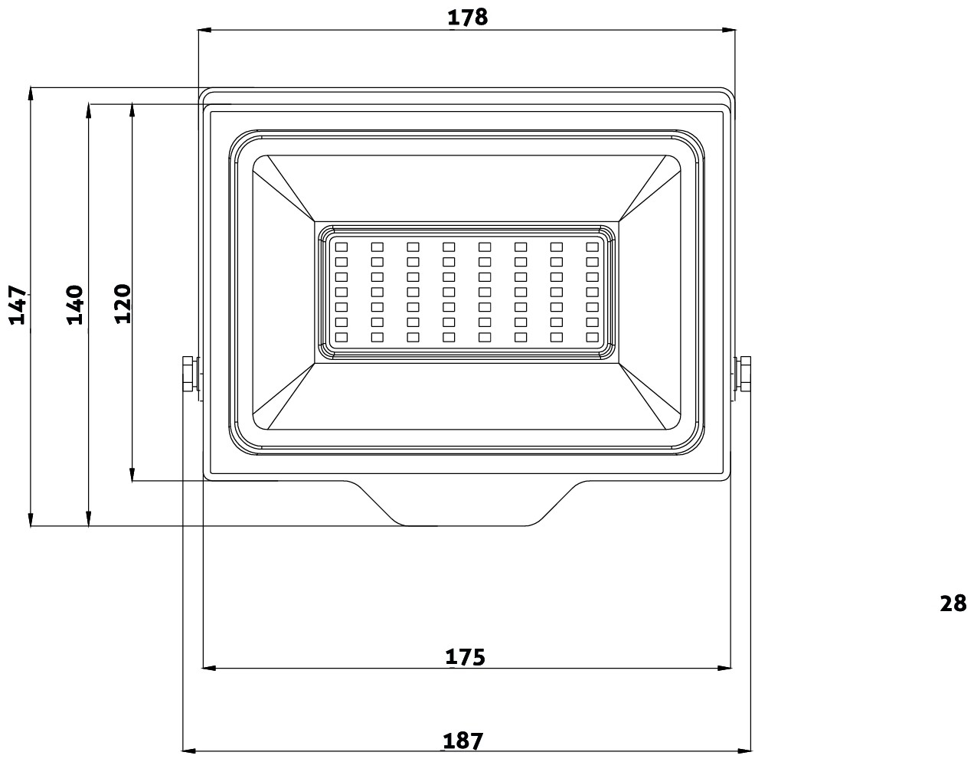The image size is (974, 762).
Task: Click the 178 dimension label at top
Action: [467, 17]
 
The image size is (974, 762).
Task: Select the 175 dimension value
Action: [466, 656]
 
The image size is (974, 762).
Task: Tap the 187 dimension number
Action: [463, 741]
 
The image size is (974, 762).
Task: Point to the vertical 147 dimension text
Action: [18, 307]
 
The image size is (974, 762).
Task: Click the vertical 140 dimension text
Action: [74, 305]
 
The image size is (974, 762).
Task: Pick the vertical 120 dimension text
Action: [123, 303]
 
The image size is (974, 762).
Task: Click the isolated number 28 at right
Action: [953, 603]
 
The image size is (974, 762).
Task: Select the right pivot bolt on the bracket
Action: [743, 374]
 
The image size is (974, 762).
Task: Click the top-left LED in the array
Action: [342, 247]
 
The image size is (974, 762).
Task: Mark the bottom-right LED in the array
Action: [592, 337]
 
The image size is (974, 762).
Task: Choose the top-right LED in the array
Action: [592, 247]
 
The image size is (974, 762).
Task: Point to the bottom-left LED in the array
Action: [342, 337]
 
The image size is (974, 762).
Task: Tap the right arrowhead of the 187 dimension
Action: [745, 750]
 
